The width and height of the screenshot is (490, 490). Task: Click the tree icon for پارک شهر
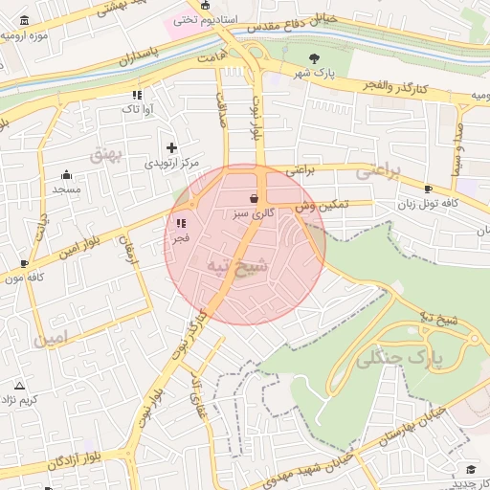coord(314,58)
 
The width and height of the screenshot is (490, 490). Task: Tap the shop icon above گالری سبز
coord(253,198)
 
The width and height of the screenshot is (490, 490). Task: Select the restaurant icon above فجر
coord(180,223)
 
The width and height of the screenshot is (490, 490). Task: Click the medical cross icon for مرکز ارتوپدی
coord(172,147)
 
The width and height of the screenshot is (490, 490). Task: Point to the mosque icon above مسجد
coord(66,175)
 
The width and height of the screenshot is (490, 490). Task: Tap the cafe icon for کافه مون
coord(25,263)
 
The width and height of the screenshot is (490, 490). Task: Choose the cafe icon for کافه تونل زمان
coord(428,189)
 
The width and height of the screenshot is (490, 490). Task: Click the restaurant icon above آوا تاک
coord(137,95)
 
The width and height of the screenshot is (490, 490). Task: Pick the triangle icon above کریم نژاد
coord(18,386)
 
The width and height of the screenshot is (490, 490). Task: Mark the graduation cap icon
coord(471,468)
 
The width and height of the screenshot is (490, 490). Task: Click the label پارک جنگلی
coord(400,360)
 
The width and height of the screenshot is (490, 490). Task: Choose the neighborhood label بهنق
coord(107,153)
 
